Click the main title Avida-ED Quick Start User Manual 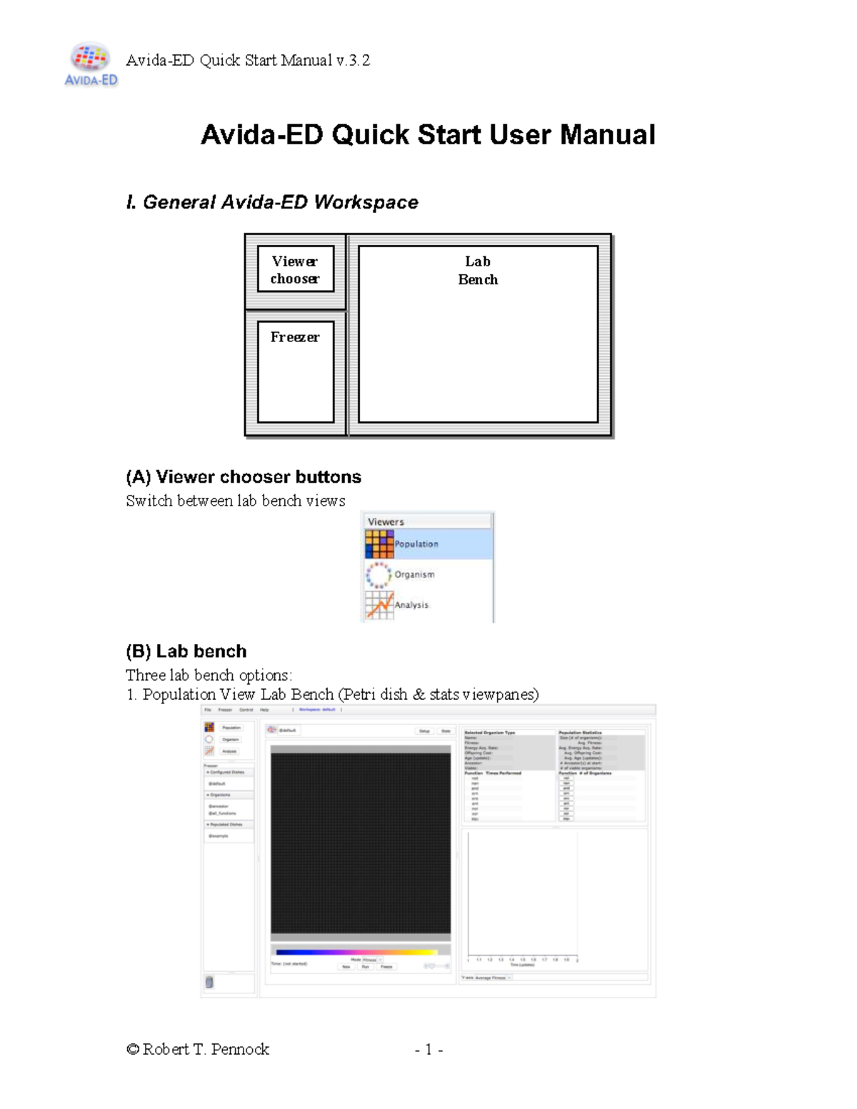[x=428, y=135]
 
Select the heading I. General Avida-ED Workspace [x=272, y=202]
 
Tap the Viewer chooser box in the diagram [x=295, y=270]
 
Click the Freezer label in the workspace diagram [x=295, y=337]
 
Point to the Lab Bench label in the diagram [x=478, y=271]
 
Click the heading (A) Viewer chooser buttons [x=244, y=476]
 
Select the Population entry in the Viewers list [x=416, y=544]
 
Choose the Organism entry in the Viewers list [x=414, y=574]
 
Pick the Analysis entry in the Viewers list [x=412, y=605]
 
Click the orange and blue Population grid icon [x=379, y=544]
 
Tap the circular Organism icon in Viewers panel [x=379, y=574]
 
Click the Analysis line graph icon [x=379, y=605]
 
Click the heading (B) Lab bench [x=186, y=651]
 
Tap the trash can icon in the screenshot [x=209, y=983]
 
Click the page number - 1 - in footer [x=428, y=1050]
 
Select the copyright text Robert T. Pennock [x=198, y=1049]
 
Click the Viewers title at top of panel [x=386, y=521]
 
